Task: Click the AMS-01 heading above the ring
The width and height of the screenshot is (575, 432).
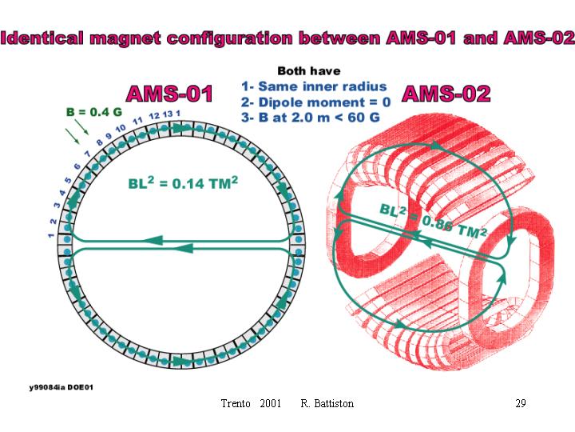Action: pos(169,94)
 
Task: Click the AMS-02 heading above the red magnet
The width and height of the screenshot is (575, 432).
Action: pos(446,94)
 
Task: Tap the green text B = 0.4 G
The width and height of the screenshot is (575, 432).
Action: pos(94,112)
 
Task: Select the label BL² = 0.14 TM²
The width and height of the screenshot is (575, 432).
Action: pos(183,182)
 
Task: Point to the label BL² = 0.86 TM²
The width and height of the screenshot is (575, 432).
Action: pos(433,220)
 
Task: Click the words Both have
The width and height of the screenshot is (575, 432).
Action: pos(309,71)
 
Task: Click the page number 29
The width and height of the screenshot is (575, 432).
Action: pos(521,403)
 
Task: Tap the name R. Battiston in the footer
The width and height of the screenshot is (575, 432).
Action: pos(327,403)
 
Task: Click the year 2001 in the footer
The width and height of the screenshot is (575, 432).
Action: pos(270,403)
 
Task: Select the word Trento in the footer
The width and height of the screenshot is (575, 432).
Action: pos(236,403)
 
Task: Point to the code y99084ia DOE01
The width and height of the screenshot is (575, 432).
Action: pos(61,387)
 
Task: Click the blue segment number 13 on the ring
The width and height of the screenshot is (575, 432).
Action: pos(167,114)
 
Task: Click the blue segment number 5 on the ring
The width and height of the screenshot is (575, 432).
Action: pos(68,180)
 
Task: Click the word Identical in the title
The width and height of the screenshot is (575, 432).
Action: pos(42,38)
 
